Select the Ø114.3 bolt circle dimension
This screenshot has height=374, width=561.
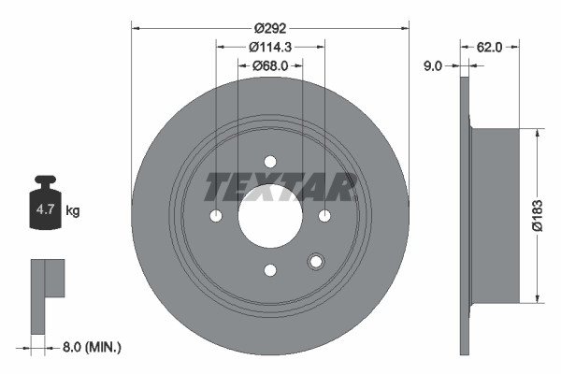point(271,47)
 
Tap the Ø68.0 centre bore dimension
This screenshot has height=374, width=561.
point(271,65)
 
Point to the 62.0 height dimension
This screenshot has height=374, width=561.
point(491,44)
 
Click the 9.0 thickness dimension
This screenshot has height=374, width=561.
point(431,65)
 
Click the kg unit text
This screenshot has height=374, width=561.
point(72,211)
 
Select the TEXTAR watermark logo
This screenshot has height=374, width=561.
point(280,187)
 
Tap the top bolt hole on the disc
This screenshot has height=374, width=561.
point(270,162)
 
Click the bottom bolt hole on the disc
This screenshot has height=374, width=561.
point(270,270)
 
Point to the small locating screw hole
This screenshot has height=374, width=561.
point(315,261)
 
